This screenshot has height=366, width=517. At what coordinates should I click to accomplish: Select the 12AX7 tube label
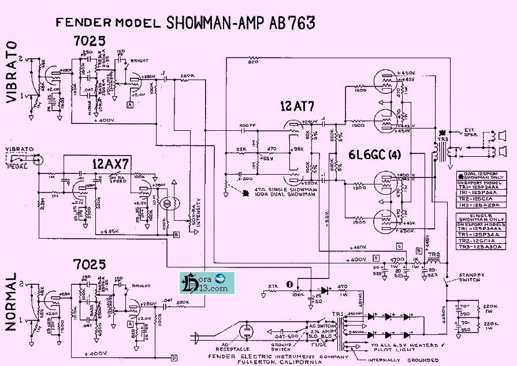pos(110,163)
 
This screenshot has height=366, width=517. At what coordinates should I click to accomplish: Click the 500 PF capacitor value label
pos(245,126)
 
